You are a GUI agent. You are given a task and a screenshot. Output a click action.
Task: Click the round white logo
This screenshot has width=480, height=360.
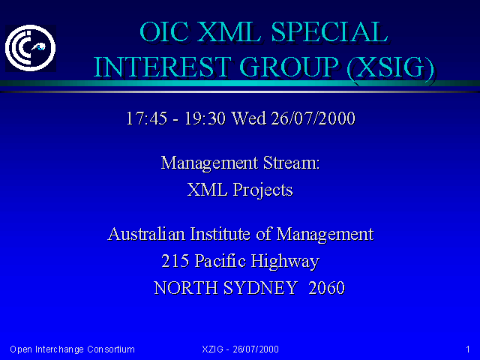[x=30, y=48]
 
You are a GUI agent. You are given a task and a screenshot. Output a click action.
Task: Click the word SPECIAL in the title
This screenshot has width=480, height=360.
[x=330, y=31]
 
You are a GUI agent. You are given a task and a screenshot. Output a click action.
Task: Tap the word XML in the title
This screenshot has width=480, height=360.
[x=229, y=31]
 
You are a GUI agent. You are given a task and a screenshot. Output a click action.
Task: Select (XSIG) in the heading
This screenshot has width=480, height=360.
[x=391, y=67]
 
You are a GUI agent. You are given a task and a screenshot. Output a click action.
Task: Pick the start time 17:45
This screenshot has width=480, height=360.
[x=147, y=118]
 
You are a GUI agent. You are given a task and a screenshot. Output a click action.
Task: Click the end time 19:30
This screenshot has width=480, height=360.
[x=205, y=118]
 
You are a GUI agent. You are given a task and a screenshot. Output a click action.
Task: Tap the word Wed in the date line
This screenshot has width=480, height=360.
[x=248, y=118]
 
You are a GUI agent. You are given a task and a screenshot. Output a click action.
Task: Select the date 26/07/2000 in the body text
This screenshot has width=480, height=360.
[x=313, y=118]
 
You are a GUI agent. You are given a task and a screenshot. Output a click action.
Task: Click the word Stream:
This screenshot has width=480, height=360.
[x=292, y=163]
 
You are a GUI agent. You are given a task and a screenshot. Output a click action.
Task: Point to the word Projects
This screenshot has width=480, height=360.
[x=262, y=190]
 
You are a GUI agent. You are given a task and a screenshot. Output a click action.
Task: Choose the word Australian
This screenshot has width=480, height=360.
[x=146, y=234]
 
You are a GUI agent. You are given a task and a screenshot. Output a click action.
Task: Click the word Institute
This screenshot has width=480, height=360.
[x=220, y=234]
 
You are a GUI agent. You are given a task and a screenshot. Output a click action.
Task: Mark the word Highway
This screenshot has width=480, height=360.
[x=285, y=262]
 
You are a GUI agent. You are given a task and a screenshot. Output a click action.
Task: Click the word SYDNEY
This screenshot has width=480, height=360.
[x=260, y=288]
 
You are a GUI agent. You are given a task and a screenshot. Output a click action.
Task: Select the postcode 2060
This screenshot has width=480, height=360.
[x=327, y=288]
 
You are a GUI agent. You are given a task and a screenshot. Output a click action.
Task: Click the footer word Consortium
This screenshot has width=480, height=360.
[x=111, y=349]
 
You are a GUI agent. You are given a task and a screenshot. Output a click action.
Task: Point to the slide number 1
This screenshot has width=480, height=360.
[x=468, y=349]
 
